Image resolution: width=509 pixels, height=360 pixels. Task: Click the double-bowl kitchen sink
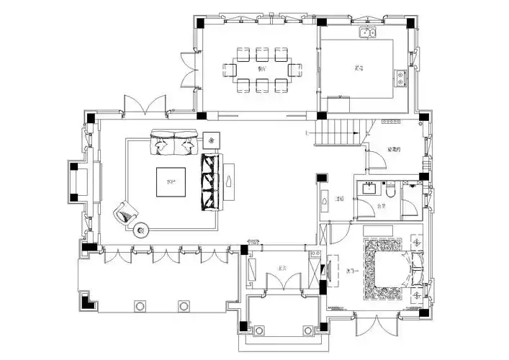368,32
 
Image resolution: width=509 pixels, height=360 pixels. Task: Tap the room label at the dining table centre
262,69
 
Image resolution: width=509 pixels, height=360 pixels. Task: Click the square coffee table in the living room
173,181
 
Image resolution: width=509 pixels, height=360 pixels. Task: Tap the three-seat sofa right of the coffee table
212,181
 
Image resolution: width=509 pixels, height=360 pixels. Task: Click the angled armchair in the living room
127,212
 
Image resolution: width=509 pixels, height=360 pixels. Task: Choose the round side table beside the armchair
141,230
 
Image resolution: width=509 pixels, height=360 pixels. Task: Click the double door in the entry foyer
278,281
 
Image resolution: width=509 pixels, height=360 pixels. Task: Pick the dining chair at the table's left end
230,70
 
